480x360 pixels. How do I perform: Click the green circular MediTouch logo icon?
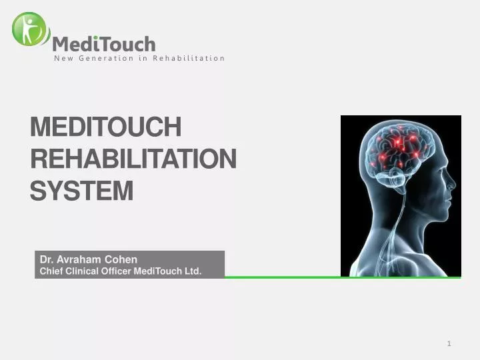click(30, 29)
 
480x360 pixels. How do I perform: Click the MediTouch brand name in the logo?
click(104, 44)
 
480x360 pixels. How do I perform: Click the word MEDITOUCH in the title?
click(105, 127)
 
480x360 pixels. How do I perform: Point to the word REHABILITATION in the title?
click(133, 159)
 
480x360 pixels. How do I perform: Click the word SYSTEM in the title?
click(82, 191)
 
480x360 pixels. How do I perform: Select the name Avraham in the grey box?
click(79, 259)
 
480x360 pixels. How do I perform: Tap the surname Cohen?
click(121, 259)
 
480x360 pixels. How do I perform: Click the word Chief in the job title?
click(51, 271)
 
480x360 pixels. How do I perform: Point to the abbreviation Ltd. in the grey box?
click(193, 271)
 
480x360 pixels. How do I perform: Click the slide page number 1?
click(449, 343)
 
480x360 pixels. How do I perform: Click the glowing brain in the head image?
click(400, 150)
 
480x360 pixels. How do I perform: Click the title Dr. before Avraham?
click(46, 259)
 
